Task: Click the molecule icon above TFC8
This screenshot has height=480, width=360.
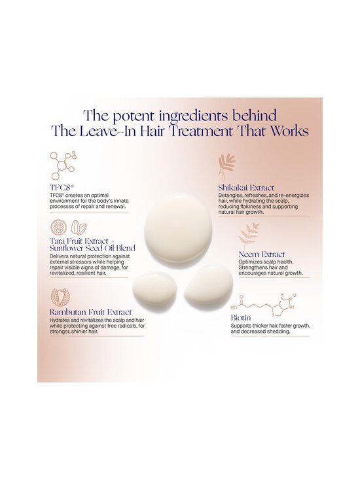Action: [63, 165]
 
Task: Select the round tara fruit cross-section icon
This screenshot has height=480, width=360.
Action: [58, 228]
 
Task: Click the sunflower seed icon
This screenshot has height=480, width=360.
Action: [79, 228]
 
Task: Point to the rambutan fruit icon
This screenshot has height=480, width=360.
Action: [61, 297]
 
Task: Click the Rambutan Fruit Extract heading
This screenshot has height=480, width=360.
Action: [91, 312]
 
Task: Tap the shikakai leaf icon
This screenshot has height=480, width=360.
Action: [226, 167]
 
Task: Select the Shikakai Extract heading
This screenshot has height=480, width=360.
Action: [246, 188]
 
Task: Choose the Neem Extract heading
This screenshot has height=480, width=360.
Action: [262, 254]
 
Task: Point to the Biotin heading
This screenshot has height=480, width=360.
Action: [241, 318]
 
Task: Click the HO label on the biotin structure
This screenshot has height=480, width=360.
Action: [234, 308]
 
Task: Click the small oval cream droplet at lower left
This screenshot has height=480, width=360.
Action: [153, 288]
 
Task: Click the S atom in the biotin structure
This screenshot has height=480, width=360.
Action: [274, 313]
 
